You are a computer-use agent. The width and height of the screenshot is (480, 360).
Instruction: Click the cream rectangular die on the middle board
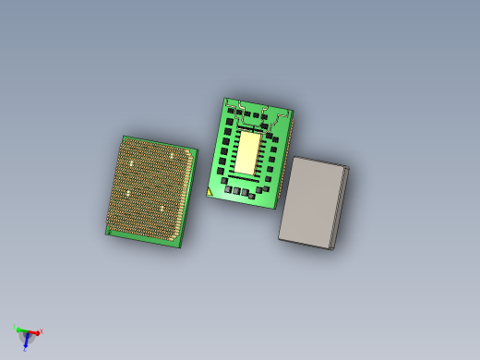point(250,152)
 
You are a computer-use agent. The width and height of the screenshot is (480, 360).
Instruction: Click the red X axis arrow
point(33,332)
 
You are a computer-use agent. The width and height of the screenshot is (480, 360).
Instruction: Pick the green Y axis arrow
point(18,328)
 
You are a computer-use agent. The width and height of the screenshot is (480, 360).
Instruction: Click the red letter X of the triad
point(42,331)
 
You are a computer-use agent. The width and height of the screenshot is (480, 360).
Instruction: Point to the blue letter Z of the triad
point(25,349)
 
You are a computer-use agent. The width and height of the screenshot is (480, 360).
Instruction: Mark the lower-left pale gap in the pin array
point(126,194)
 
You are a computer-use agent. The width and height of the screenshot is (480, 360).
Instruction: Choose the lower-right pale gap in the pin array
point(162,209)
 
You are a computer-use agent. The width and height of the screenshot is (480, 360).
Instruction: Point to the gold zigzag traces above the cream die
point(254,114)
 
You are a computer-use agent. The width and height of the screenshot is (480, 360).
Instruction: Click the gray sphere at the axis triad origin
point(25,331)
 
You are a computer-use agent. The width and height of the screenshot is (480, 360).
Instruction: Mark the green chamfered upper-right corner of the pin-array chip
point(193,151)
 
